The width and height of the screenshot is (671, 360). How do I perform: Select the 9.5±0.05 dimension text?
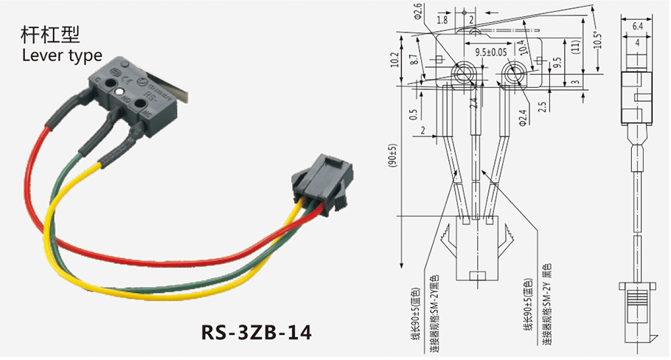[490, 52]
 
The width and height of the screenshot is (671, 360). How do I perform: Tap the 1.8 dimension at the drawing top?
[441, 19]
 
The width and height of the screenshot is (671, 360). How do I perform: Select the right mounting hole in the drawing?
[513, 71]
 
